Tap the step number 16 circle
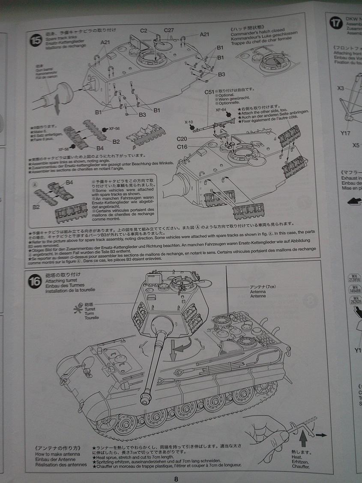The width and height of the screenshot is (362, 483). click(34, 282)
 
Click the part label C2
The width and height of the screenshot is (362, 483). click(144, 30)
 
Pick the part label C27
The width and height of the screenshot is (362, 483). click(169, 30)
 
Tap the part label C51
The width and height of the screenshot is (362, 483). click(209, 92)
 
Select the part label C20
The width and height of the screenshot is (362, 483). click(182, 138)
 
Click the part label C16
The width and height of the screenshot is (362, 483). click(182, 147)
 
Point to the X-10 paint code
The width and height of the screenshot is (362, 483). click(189, 122)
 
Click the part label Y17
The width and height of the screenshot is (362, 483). click(345, 133)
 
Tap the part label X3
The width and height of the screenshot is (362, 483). click(341, 88)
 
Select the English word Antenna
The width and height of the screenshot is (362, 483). click(258, 291)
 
